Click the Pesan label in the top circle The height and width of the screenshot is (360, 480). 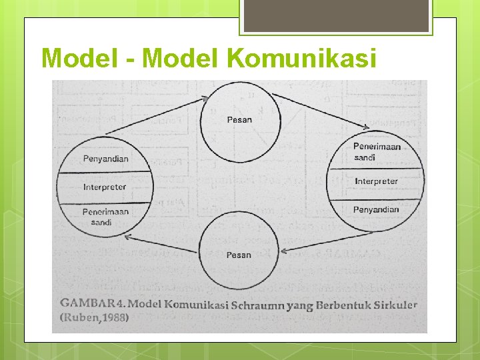[x=239, y=120]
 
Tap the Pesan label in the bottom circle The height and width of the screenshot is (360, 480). [x=239, y=255]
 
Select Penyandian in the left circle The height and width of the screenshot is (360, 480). [x=105, y=159]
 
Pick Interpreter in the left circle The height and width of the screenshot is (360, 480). [x=105, y=187]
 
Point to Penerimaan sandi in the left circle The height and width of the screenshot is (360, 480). [x=105, y=217]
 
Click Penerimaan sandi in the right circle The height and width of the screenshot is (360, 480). [x=376, y=151]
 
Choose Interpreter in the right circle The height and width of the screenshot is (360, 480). [x=376, y=181]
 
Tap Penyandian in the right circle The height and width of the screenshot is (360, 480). [x=376, y=209]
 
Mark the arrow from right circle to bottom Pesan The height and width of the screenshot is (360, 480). [x=327, y=242]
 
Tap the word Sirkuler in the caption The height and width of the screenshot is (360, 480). [x=394, y=305]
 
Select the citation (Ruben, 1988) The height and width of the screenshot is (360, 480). [x=95, y=318]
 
